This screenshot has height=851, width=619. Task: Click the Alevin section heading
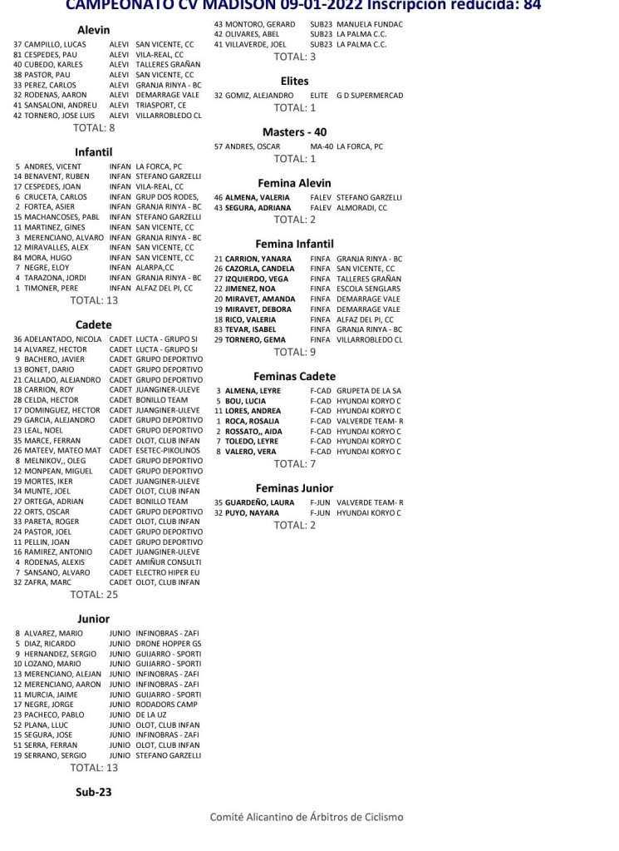tap(93, 30)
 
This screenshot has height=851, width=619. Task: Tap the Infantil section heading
tap(93, 152)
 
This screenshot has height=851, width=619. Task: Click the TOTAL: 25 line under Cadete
tap(94, 595)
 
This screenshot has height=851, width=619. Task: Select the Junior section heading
tap(93, 619)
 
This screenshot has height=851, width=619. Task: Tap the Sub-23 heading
tap(93, 792)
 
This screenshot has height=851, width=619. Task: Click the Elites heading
tap(294, 82)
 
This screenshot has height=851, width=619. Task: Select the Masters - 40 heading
tap(294, 131)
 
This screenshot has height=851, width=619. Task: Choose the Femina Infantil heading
tap(294, 244)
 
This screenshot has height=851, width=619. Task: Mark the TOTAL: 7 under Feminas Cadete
tap(290, 463)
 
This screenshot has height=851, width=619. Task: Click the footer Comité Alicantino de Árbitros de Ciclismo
tap(307, 817)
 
